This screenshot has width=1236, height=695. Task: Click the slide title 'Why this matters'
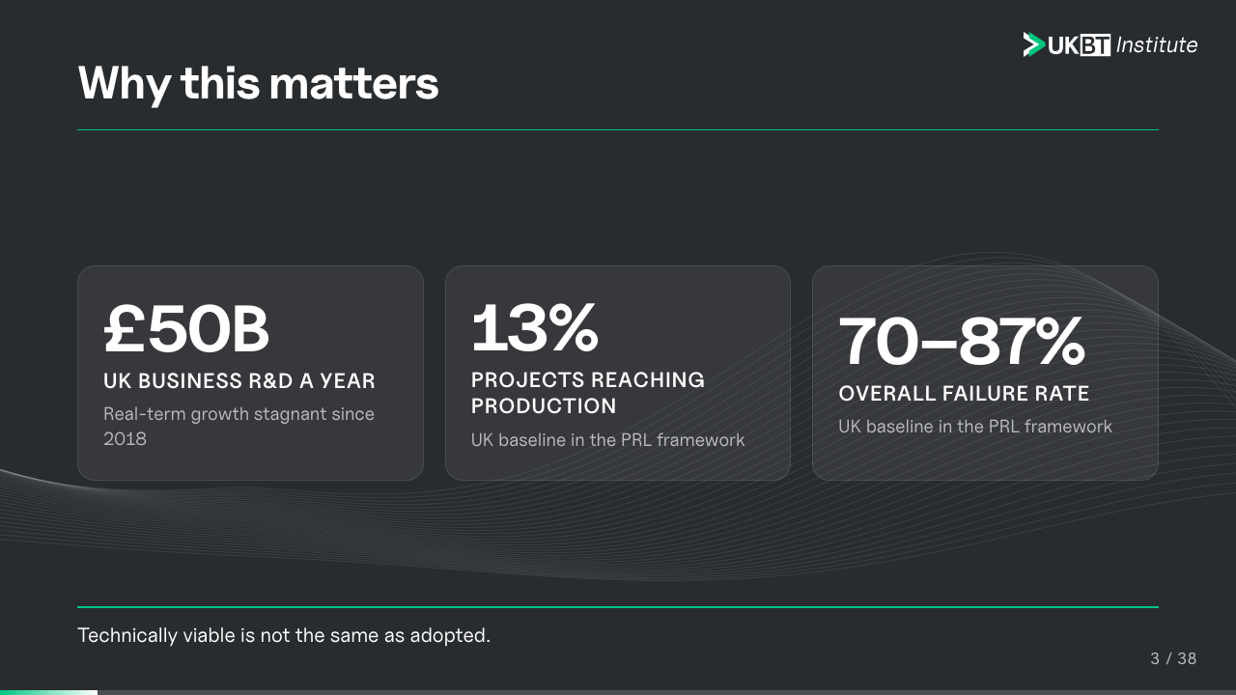258,84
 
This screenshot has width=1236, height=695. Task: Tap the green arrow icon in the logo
1033,44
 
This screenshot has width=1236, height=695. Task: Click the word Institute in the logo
1157,45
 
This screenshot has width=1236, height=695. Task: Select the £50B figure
186,329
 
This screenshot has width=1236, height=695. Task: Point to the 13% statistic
534,327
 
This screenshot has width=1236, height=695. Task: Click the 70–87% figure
961,341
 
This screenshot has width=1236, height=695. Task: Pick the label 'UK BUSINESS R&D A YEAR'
239,381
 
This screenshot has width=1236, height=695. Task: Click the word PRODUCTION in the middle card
544,406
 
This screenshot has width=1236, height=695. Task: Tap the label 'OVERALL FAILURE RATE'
964,394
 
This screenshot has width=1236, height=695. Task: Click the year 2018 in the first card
125,439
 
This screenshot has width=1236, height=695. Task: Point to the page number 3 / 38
1173,658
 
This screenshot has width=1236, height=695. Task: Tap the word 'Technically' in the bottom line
127,635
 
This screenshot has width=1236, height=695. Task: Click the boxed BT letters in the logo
1095,45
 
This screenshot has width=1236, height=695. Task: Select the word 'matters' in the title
353,84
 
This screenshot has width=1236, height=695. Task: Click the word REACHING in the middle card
648,380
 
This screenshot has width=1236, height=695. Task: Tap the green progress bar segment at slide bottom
48,692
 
